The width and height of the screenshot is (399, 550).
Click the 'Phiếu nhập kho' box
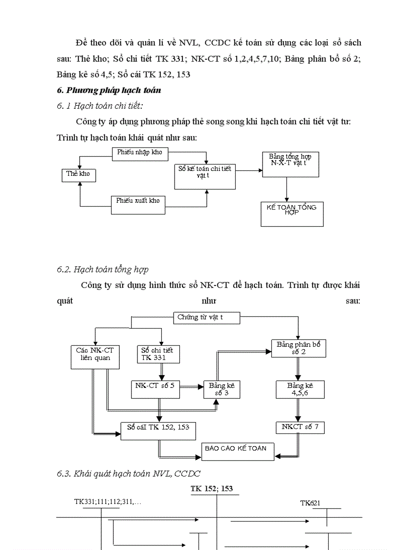[x=139, y=153]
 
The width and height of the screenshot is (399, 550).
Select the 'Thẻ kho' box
[x=78, y=174]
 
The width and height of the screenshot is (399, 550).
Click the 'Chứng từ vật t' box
[x=206, y=318]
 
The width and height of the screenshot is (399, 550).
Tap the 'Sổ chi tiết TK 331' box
[x=157, y=355]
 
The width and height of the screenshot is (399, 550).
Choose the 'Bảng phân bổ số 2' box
[x=298, y=348]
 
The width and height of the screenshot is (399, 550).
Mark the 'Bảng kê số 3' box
[x=222, y=390]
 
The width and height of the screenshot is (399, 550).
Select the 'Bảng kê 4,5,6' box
[x=299, y=390]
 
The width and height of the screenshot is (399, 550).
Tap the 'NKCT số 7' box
[x=299, y=427]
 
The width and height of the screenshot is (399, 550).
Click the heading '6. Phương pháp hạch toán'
[x=109, y=91]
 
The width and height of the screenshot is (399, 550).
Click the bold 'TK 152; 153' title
[x=212, y=489]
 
